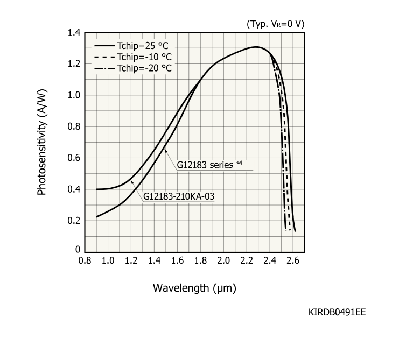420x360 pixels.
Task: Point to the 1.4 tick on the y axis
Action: click(74, 33)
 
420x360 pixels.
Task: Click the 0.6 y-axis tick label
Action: click(74, 158)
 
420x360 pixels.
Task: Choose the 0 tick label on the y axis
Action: click(78, 250)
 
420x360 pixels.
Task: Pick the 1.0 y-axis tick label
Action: click(74, 96)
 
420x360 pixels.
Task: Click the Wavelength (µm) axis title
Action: click(194, 287)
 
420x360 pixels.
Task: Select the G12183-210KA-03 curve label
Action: click(179, 196)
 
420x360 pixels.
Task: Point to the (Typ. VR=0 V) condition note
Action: click(276, 24)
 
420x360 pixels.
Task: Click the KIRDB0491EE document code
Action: click(338, 312)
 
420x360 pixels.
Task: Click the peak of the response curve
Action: click(256, 47)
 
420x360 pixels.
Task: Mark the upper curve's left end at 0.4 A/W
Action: click(97, 189)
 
